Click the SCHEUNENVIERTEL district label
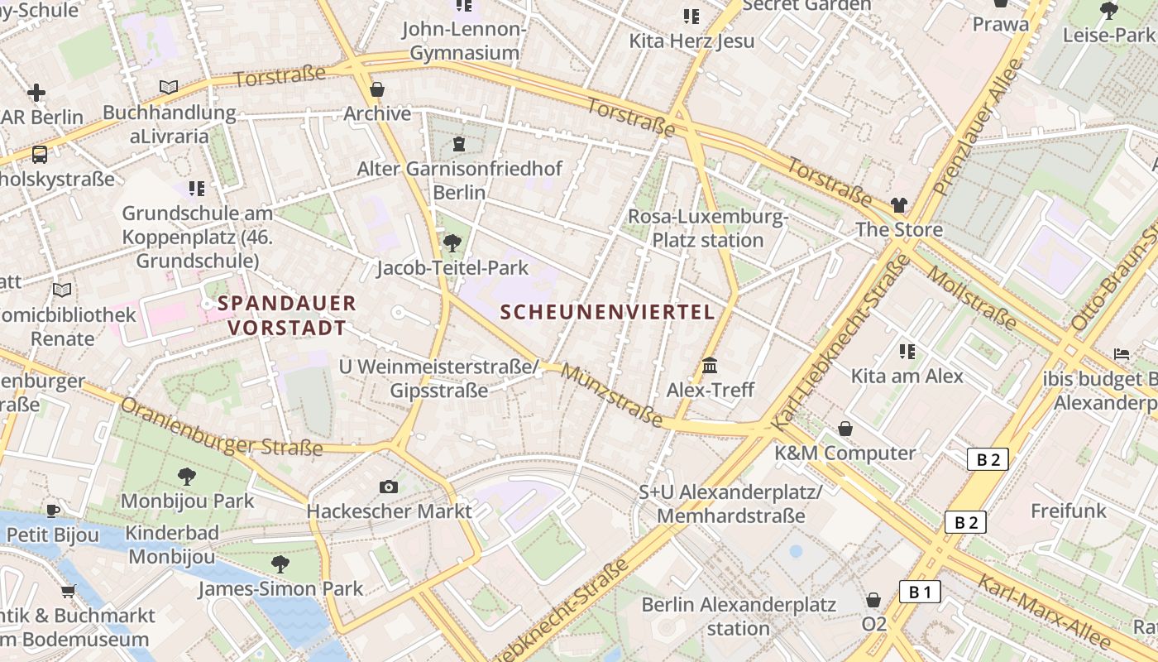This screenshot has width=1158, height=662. pos(608,312)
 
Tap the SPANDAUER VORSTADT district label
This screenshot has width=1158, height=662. pos(286,315)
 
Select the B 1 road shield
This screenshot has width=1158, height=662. pos(920,592)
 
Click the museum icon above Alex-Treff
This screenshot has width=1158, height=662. pos(710,366)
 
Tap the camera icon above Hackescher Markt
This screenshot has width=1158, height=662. pos(389,487)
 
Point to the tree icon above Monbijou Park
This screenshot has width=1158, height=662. pos(187,476)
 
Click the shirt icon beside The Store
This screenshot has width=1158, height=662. pos(899,204)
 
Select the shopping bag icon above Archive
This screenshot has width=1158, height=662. pos(377,89)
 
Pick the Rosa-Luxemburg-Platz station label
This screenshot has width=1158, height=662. pos(707,228)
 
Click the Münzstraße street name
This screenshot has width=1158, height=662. pos(611,396)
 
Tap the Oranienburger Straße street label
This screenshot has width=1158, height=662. pos(221,427)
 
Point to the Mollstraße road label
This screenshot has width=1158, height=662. pos(971,296)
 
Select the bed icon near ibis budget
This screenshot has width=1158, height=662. pos(1121,354)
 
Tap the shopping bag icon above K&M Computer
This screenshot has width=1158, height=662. pos(845,429)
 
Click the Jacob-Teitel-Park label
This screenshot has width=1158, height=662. pos(452,268)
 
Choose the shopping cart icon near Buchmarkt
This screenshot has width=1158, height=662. pos(69,591)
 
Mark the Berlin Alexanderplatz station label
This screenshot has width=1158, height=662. pos(739,616)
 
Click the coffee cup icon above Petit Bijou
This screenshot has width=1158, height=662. pos(53,511)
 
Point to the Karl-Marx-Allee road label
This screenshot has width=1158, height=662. pos(1044,611)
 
